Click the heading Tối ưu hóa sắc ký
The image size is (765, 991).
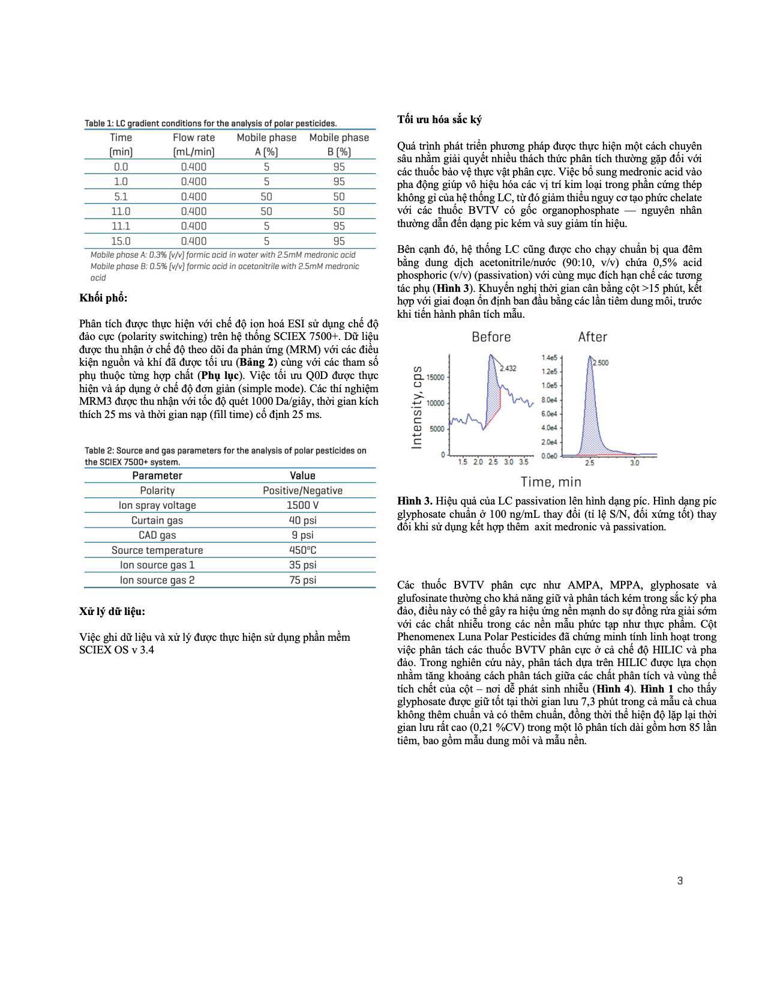439,120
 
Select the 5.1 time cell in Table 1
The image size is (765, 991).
121,196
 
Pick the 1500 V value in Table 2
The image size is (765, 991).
302,506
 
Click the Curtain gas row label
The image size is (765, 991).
157,521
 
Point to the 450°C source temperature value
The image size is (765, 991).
302,550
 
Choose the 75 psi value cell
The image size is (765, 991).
302,580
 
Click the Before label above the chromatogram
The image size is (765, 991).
491,337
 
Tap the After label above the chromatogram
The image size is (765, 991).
592,337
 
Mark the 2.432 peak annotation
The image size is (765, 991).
508,368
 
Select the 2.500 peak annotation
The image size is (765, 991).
600,363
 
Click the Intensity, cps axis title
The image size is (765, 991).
417,407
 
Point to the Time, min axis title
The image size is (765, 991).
551,482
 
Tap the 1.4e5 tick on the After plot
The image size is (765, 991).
550,358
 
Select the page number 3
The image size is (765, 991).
680,881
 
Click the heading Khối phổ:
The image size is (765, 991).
103,298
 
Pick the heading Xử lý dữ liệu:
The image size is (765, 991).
112,611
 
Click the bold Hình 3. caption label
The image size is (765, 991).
415,501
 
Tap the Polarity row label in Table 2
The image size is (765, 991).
157,491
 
